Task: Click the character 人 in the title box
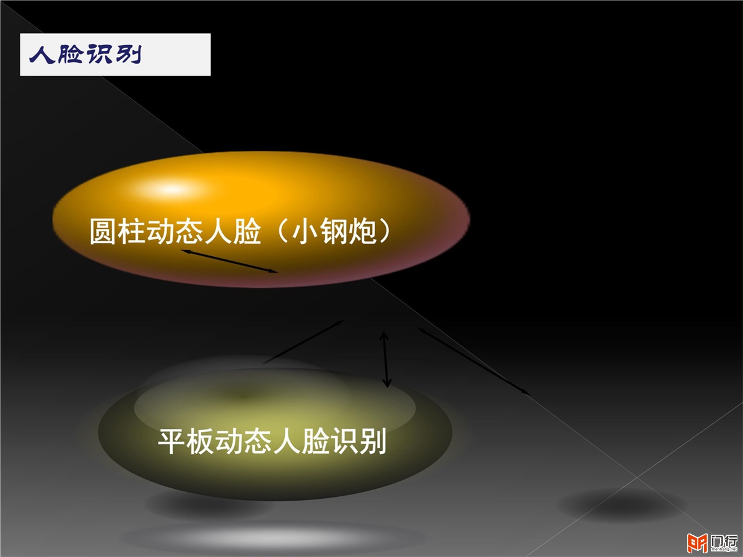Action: tap(42, 54)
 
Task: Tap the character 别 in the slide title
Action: tap(129, 54)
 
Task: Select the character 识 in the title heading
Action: tap(100, 54)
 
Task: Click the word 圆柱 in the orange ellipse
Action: tap(118, 231)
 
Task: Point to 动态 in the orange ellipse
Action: tap(175, 231)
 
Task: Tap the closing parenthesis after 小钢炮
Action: tap(385, 231)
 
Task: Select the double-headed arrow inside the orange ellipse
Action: tap(229, 261)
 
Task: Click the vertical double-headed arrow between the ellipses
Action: tap(385, 360)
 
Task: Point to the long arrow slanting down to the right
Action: tap(474, 361)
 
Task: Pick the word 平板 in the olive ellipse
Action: tap(186, 442)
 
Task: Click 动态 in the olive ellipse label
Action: tap(244, 442)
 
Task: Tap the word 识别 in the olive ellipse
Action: tap(358, 442)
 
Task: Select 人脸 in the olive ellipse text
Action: tap(301, 442)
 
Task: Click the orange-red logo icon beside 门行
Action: tap(697, 543)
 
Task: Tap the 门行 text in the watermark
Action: tap(723, 541)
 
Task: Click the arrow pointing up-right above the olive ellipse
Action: tap(303, 342)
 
